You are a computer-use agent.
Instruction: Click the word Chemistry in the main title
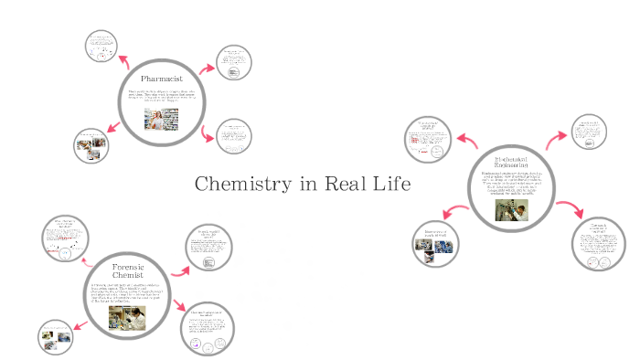pyautogui.click(x=242, y=185)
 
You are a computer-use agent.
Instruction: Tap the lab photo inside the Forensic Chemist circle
pyautogui.click(x=127, y=317)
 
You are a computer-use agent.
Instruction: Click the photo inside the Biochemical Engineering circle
pyautogui.click(x=511, y=209)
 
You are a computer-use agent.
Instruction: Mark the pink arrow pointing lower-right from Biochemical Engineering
pyautogui.click(x=571, y=206)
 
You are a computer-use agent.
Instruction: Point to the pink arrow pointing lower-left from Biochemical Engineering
pyautogui.click(x=456, y=216)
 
